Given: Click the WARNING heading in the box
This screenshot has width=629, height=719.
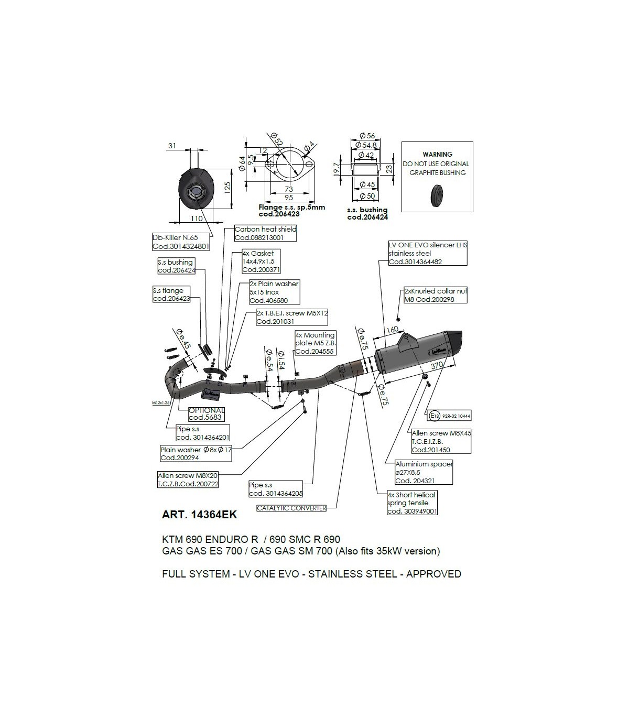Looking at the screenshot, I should tap(437, 155).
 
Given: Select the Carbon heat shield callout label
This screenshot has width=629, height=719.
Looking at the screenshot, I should tap(265, 233).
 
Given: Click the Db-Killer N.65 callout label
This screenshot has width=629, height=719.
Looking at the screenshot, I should tap(181, 242).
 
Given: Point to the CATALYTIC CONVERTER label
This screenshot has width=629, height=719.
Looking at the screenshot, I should tap(291, 508).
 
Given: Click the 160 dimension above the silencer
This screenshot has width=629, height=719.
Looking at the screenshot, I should tap(392, 330).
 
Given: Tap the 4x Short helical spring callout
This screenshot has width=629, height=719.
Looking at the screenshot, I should tap(411, 503).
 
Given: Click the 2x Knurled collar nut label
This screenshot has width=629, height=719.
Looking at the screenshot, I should tap(435, 295).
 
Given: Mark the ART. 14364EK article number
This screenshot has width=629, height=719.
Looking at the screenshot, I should tap(199, 515).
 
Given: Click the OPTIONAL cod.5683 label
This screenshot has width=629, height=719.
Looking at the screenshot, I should tap(206, 414).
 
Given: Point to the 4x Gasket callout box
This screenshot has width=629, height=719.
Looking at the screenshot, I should tap(261, 262).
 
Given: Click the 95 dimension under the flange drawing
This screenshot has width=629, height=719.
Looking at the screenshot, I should tap(288, 198).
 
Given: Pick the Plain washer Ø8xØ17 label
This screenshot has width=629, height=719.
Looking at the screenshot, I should tap(196, 453).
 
